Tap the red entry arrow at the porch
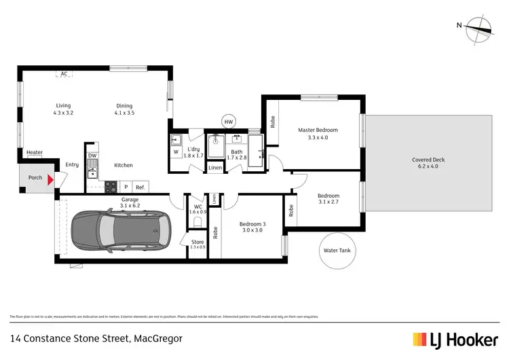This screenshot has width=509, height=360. click(48, 178)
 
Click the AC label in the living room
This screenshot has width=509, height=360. click(64, 73)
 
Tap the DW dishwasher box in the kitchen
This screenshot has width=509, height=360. click(92, 156)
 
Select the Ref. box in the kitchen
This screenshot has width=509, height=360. click(140, 187)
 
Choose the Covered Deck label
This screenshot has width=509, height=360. click(428, 160)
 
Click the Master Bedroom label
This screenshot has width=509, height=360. click(318, 130)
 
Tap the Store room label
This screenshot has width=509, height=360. click(197, 241)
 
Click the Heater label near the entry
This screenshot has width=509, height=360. click(34, 153)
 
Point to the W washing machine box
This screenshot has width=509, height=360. click(176, 152)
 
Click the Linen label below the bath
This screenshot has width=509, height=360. click(215, 167)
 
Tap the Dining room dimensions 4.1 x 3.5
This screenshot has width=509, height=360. click(124, 113)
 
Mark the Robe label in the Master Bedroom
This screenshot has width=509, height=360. click(273, 123)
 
